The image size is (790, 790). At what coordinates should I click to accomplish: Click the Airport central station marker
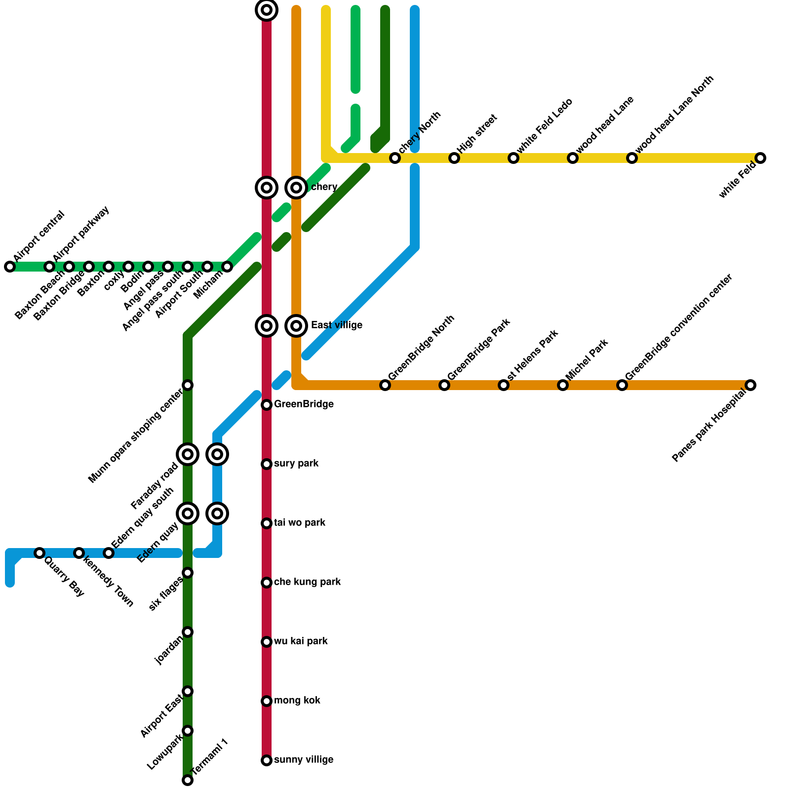[x=10, y=267]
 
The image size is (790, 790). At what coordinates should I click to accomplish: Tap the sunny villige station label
[x=303, y=760]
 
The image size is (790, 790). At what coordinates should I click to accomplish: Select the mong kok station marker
[x=267, y=701]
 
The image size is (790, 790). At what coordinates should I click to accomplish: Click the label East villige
[x=337, y=325]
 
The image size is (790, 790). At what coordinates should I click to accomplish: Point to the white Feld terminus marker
[x=760, y=158]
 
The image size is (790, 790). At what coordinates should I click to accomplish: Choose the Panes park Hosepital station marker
[x=750, y=385]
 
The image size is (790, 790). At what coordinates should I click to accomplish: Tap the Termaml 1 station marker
[x=188, y=780]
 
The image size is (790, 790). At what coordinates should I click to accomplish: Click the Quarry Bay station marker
[x=39, y=553]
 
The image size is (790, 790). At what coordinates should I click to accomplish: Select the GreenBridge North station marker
[x=385, y=385]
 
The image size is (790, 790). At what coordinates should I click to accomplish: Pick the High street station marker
[x=454, y=158]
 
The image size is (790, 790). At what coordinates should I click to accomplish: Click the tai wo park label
[x=299, y=523]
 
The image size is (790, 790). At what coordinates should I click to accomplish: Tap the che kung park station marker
[x=267, y=583]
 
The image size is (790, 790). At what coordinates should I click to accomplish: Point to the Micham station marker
[x=227, y=267]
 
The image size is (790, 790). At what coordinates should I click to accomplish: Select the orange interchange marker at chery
[x=296, y=188]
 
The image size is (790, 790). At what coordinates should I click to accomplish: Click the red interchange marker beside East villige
[x=267, y=326]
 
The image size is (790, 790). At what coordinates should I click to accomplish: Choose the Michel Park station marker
[x=563, y=385]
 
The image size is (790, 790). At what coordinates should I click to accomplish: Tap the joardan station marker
[x=188, y=632]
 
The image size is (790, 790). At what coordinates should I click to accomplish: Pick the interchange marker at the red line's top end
[x=267, y=10]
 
